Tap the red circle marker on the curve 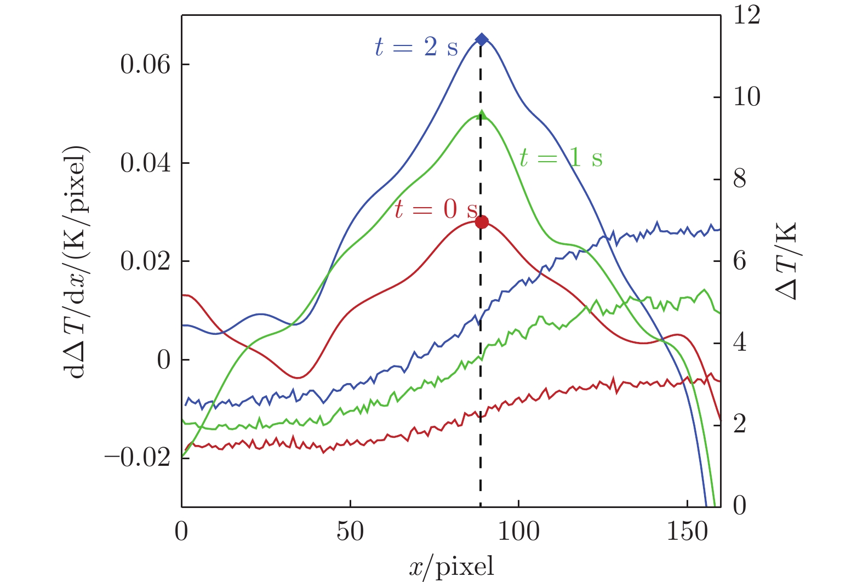point(482,222)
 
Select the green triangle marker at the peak point(482,115)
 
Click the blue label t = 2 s point(416,47)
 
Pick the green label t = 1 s point(561,158)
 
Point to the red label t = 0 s point(436,209)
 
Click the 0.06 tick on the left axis point(146,65)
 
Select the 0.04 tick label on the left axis point(146,163)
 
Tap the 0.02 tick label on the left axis point(146,261)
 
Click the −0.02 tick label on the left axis point(138,458)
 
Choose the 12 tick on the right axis point(747,15)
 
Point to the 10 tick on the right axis point(747,97)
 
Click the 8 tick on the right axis point(740,179)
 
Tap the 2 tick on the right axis point(740,424)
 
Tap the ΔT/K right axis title point(787,261)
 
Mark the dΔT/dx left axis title point(77,263)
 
